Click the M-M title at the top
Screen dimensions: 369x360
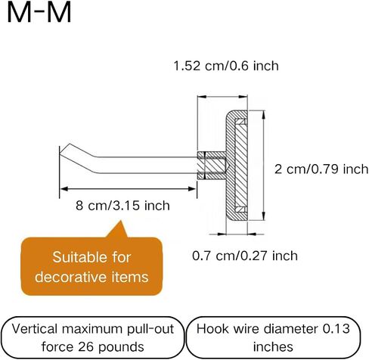(x=39, y=13)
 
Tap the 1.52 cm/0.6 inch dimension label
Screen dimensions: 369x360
(x=226, y=66)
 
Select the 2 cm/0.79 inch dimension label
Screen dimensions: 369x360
(x=321, y=169)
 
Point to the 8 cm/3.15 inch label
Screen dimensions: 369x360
(x=122, y=206)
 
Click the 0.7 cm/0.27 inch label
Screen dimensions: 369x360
(x=245, y=256)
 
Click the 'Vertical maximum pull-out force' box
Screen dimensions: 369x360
(x=93, y=337)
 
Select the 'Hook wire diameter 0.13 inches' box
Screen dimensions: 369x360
(x=273, y=337)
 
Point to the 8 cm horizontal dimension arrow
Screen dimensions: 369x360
(x=129, y=189)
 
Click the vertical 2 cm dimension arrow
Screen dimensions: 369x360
(x=263, y=166)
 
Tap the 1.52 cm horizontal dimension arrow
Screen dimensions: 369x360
(x=222, y=97)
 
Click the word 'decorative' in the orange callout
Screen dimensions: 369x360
(x=71, y=277)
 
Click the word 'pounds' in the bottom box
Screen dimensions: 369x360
(x=121, y=347)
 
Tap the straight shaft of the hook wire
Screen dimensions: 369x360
(x=147, y=165)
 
